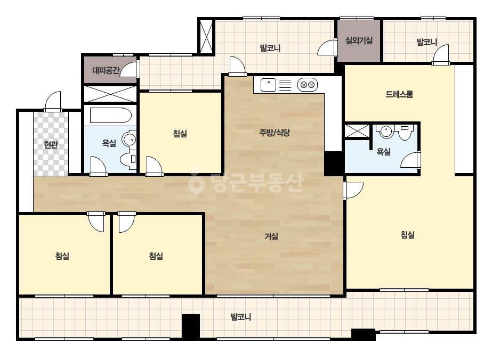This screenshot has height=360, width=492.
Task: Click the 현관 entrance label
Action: click(51, 145)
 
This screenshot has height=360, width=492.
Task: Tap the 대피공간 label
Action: click(106, 70)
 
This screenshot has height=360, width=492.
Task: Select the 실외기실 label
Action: click(359, 40)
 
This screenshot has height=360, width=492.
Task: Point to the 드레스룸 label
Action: click(399, 94)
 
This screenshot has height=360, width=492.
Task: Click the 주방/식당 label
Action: click(275, 133)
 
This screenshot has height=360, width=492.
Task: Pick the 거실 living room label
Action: click(271, 236)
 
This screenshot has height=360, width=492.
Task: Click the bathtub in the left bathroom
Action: click(110, 116)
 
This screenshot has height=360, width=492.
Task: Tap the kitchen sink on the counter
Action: click(268, 85)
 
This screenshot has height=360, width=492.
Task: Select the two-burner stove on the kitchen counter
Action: click(308, 85)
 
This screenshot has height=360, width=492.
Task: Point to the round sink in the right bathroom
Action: click(386, 132)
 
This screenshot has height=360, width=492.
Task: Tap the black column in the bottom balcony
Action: click(191, 326)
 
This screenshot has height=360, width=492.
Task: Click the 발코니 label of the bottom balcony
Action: click(241, 317)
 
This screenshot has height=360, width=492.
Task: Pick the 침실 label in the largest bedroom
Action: click(408, 234)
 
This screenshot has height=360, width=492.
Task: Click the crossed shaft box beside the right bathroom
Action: click(357, 131)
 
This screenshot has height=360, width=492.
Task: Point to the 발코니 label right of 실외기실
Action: click(427, 42)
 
